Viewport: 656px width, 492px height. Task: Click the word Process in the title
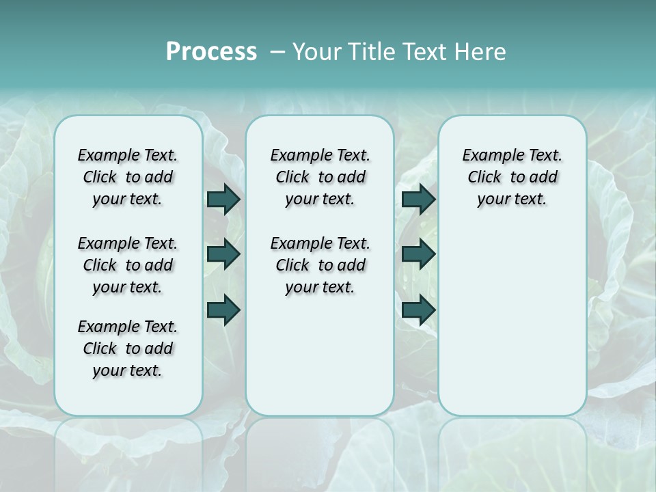pos(211,52)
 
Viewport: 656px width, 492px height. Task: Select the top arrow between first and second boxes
pos(223,199)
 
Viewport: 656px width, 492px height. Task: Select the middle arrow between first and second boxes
pos(223,254)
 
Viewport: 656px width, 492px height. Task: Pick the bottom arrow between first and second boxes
pos(223,310)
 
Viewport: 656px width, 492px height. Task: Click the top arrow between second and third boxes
pos(418,199)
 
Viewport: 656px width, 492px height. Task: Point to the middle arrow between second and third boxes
pos(418,254)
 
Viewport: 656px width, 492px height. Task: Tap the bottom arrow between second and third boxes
pos(418,310)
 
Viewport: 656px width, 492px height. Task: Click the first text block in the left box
pos(128,177)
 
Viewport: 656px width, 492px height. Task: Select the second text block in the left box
pos(128,265)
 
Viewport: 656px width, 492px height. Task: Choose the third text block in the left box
pos(128,348)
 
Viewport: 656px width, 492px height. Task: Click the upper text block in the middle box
pos(320,177)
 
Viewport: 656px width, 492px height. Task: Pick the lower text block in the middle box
pos(320,265)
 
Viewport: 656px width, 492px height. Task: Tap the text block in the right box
pos(512,177)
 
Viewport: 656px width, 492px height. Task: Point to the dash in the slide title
pos(277,52)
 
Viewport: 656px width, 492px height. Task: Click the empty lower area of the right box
pos(512,328)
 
